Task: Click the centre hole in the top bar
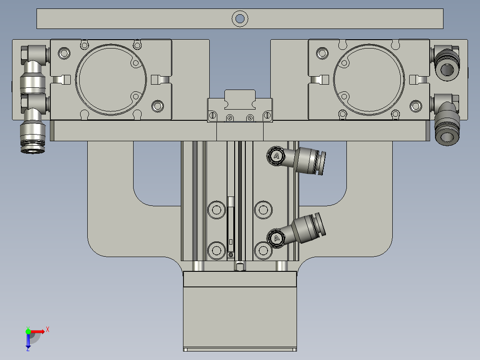pos(240,19)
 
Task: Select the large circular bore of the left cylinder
pos(111,79)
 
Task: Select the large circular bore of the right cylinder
pos(369,79)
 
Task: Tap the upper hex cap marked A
pos(276,156)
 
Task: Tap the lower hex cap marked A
pos(277,238)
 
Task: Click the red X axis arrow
pos(38,331)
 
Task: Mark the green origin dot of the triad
pos(28,331)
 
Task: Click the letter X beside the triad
pos(48,330)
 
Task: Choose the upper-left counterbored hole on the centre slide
pos(216,209)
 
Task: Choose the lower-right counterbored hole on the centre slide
pos(262,250)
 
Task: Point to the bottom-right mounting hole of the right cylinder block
pos(415,106)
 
